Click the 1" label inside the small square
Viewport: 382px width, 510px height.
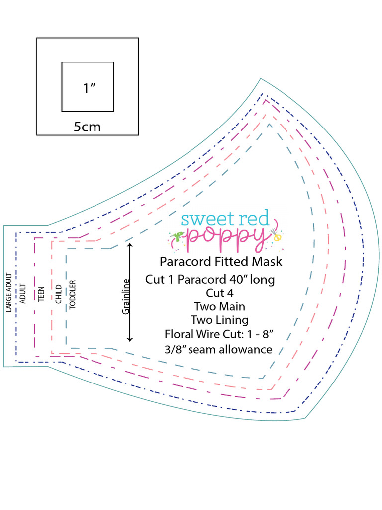89,88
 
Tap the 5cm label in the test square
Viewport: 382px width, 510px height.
87,127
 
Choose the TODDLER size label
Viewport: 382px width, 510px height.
73,294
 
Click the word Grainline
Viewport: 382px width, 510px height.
126,296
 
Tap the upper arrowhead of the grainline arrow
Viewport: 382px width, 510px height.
130,245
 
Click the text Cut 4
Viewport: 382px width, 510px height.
219,293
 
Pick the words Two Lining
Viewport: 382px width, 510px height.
219,320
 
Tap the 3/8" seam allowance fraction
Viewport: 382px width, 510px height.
174,349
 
